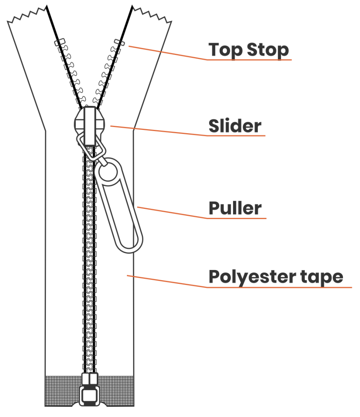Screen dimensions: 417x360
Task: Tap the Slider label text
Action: [235, 126]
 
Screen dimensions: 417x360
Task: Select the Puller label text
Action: [235, 208]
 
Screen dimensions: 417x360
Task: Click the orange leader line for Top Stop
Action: [167, 53]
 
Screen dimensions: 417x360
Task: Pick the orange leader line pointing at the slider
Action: [159, 130]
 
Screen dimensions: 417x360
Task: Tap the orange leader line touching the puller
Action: [171, 213]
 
